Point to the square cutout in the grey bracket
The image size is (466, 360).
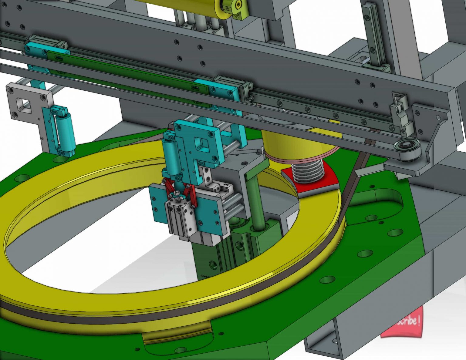point(24,105)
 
